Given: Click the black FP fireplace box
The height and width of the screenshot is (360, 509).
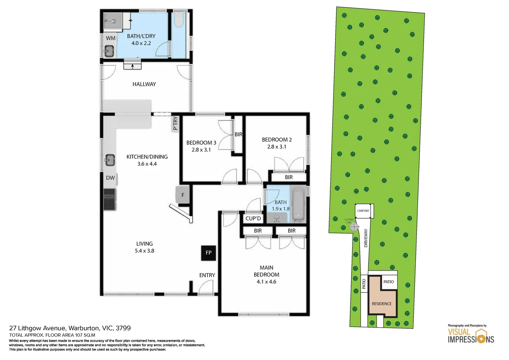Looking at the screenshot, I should [209, 253].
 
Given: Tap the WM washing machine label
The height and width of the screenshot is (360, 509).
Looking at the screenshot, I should [111, 38].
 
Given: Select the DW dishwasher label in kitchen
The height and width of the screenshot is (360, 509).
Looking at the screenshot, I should [110, 178].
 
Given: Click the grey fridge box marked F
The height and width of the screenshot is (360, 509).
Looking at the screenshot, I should [183, 195].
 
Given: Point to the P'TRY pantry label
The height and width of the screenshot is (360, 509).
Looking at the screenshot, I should [175, 123].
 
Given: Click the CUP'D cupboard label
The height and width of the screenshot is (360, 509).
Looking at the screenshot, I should [253, 218].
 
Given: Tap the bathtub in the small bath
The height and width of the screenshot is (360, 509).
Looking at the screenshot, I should [298, 204].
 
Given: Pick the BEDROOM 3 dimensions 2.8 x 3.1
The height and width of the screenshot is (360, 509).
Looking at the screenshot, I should [201, 150].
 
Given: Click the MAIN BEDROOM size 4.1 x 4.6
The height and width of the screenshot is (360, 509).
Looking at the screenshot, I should [266, 282].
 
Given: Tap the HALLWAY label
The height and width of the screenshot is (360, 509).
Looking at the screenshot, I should [144, 84].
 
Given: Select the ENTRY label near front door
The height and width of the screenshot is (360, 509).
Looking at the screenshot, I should [207, 275].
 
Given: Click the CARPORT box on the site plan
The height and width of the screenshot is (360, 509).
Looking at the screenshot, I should [363, 211].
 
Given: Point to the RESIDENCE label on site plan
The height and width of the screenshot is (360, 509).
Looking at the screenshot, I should [382, 304].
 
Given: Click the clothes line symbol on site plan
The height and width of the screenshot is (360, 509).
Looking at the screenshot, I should [354, 227].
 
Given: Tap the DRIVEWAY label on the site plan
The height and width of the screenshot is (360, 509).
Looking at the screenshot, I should [366, 238].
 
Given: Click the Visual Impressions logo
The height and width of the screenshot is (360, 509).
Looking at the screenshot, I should [471, 336].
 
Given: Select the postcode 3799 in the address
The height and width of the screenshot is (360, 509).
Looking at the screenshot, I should [123, 328].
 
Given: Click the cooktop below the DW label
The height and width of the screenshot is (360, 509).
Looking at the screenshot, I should [110, 199].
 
